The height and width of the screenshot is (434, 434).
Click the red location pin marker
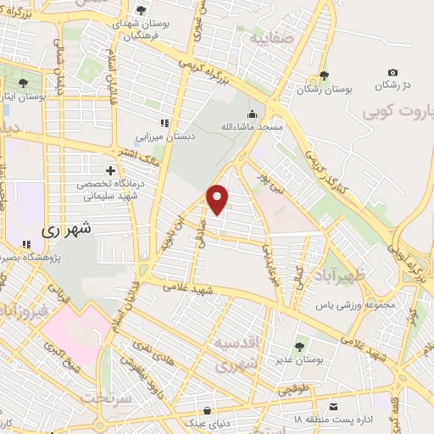click(218, 199)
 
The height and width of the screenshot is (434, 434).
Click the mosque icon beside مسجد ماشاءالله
click(251, 115)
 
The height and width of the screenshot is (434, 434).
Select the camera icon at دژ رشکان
click(392, 74)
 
